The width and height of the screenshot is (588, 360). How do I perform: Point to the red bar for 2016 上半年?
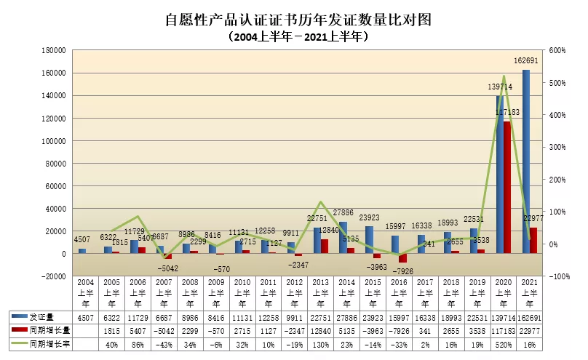(402, 257)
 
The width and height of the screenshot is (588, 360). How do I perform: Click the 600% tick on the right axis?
(557, 51)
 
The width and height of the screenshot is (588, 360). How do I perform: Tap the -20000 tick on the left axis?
(55, 276)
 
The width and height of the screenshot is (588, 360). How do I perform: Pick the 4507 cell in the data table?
(84, 317)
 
